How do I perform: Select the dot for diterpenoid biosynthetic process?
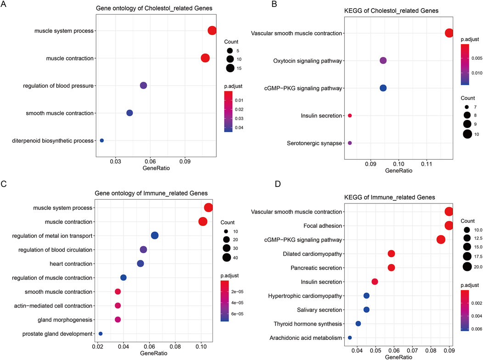tap(102, 141)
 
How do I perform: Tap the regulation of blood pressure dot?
tap(143, 85)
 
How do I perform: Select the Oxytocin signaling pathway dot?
tap(383, 61)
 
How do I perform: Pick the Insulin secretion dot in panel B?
tap(350, 116)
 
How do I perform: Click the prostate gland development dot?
tap(101, 334)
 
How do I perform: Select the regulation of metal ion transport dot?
tap(155, 236)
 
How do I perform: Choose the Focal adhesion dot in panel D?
tap(449, 225)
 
